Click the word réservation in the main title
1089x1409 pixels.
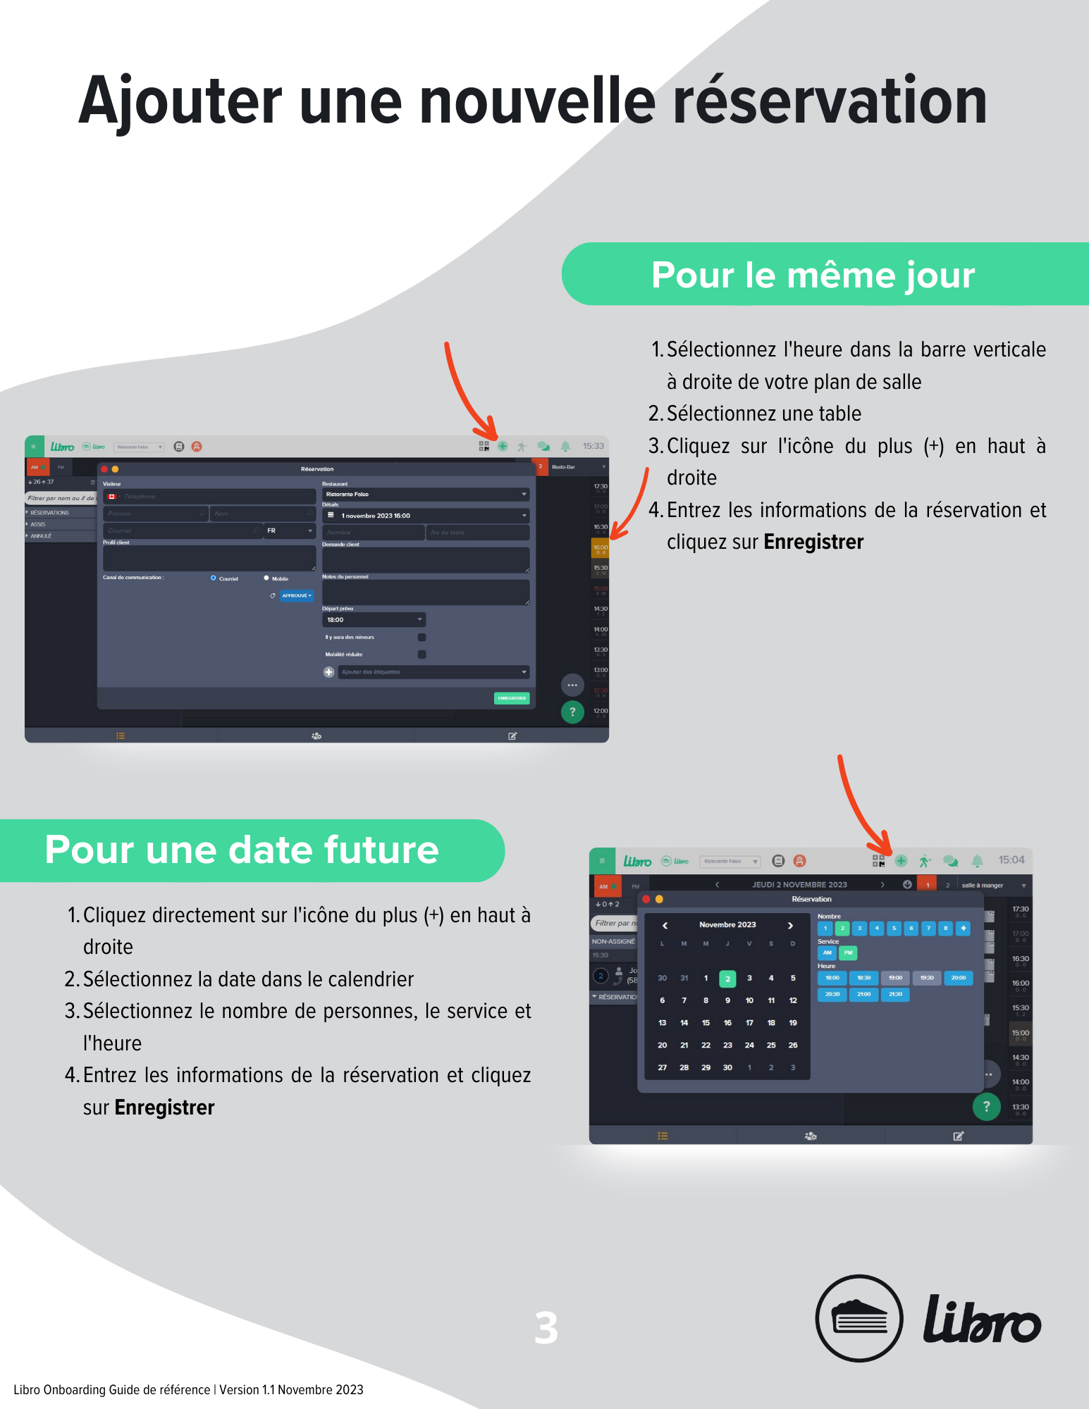point(830,102)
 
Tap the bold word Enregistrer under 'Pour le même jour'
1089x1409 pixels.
point(813,542)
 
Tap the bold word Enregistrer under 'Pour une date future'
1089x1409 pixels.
point(164,1107)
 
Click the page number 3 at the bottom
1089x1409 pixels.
point(546,1328)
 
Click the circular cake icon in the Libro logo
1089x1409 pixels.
point(859,1317)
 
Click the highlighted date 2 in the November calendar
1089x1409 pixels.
point(727,979)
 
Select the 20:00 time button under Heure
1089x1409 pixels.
point(958,978)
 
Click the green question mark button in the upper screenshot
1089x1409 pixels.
point(572,712)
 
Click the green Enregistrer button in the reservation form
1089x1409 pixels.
point(512,698)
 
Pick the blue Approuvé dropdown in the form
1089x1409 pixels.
point(297,595)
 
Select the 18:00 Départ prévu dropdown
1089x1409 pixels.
point(374,620)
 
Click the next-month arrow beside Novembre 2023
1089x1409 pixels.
point(790,925)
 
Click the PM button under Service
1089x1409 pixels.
point(849,952)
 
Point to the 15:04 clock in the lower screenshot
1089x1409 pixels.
point(1011,859)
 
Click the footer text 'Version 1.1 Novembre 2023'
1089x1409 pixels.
point(291,1390)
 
